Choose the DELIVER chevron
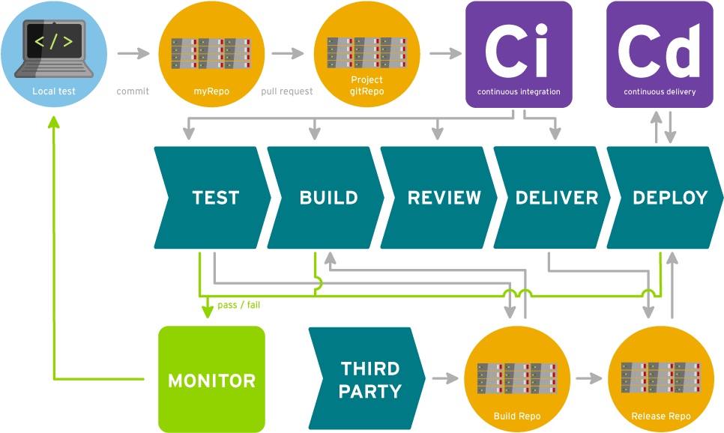tap(555, 198)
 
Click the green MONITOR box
tap(211, 380)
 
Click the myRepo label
tap(211, 91)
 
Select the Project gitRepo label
tap(366, 85)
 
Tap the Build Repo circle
tap(517, 379)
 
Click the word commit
tap(133, 91)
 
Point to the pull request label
tap(287, 91)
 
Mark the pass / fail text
tap(239, 305)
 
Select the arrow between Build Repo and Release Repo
tap(590, 378)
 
